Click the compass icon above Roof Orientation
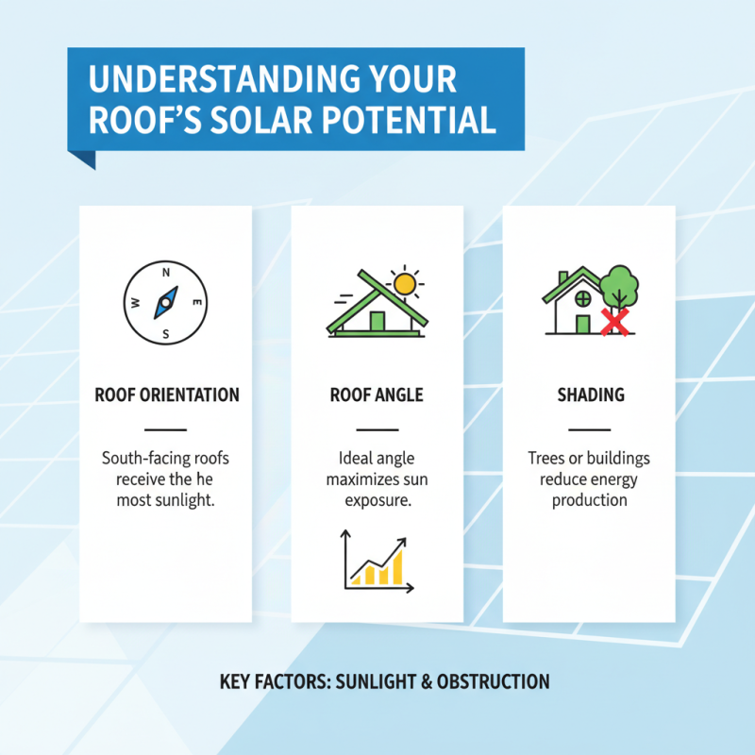pyautogui.click(x=166, y=303)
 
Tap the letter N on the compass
pyautogui.click(x=166, y=273)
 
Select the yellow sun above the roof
pyautogui.click(x=405, y=283)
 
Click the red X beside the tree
pyautogui.click(x=615, y=324)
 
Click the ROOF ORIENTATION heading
pyautogui.click(x=166, y=394)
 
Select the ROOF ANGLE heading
pyautogui.click(x=377, y=394)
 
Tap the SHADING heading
pyautogui.click(x=589, y=394)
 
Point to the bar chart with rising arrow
pyautogui.click(x=377, y=561)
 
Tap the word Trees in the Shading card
pyautogui.click(x=547, y=459)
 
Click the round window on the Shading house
pyautogui.click(x=583, y=298)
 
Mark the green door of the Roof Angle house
pyautogui.click(x=377, y=323)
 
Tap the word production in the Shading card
pyautogui.click(x=589, y=500)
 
